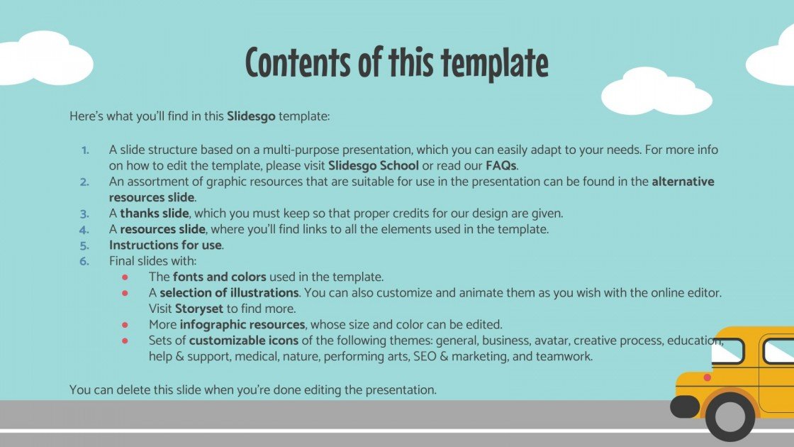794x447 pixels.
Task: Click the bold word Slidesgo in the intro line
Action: point(251,115)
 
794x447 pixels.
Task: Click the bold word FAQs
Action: point(501,165)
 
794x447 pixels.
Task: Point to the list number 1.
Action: point(85,150)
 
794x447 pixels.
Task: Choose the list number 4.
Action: point(84,229)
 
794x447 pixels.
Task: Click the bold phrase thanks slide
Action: point(154,213)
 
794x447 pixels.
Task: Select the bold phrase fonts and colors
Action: point(220,277)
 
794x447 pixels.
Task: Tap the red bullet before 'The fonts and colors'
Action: point(125,277)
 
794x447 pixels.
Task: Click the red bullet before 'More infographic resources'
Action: point(125,324)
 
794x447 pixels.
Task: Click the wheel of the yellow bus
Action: point(730,416)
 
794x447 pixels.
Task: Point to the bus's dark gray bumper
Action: point(684,407)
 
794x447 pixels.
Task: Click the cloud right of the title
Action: point(656,92)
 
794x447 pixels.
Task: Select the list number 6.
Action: point(84,260)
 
